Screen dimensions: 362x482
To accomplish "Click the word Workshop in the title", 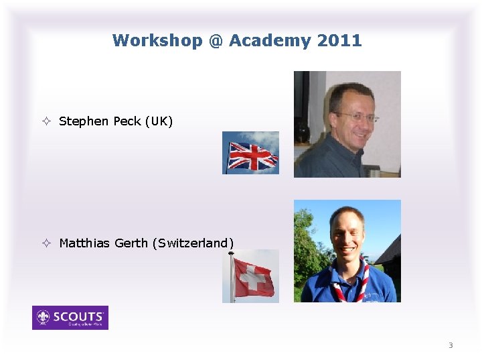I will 157,41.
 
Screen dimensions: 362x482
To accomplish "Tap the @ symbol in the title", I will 215,41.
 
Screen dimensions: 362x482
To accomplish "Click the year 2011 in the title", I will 339,41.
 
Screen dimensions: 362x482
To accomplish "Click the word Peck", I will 127,121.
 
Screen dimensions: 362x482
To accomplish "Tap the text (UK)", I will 159,121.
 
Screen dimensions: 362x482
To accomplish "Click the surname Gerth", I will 131,243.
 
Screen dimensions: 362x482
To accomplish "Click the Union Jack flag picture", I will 251,154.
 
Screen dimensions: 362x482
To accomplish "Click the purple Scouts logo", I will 70,318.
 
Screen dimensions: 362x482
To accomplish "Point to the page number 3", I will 451,345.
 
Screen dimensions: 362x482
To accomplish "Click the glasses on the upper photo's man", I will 355,117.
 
